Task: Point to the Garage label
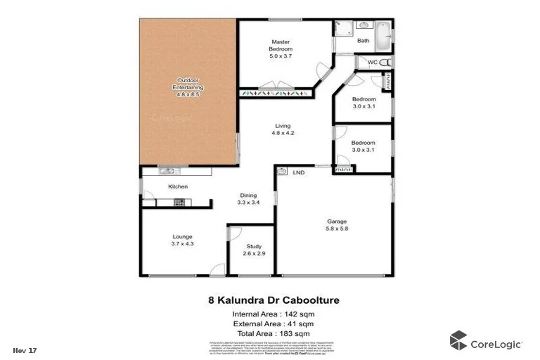[337, 219]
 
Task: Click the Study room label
[253, 246]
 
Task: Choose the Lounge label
[182, 236]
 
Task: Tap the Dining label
[248, 195]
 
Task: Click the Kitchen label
[177, 186]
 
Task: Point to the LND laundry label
[298, 172]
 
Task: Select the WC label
[373, 63]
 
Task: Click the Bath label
[363, 41]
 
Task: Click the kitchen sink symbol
[169, 171]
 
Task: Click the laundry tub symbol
[281, 171]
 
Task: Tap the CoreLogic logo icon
[458, 340]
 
